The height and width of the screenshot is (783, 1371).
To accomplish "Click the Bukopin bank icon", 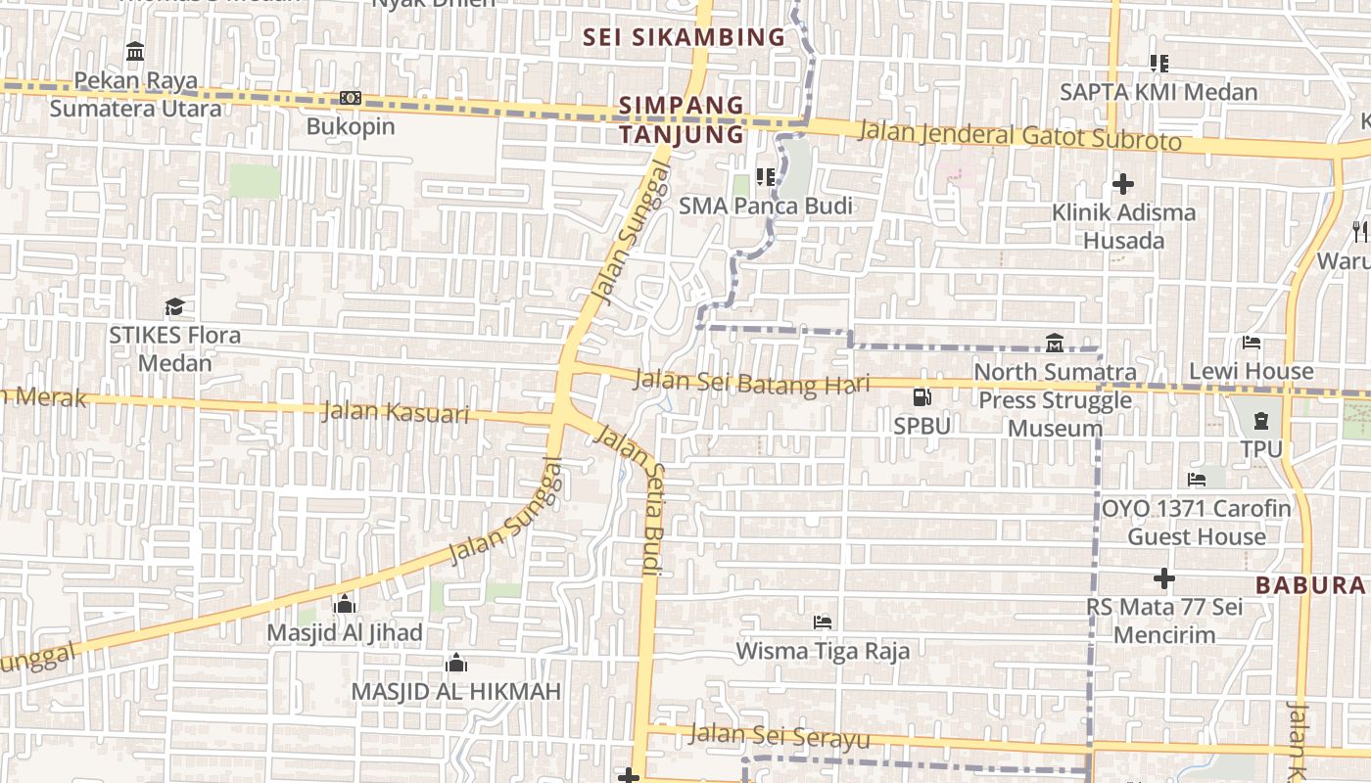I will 351,97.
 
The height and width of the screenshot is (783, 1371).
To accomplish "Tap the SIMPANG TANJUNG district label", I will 682,119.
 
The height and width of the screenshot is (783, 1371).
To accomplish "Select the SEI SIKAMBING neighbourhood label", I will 684,38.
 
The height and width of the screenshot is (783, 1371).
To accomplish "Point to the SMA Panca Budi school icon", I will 766,177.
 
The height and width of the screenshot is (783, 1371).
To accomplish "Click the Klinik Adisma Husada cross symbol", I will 1123,183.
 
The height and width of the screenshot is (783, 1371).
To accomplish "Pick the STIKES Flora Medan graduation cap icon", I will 174,306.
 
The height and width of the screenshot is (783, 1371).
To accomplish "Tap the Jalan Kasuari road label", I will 395,412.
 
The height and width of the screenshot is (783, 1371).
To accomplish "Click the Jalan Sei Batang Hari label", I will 751,382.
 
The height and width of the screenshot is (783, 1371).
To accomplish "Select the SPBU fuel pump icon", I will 922,397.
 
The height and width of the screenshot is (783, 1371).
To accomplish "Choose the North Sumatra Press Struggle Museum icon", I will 1055,344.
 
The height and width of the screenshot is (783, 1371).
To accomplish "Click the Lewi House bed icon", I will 1251,343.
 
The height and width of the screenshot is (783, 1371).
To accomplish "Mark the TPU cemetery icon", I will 1261,421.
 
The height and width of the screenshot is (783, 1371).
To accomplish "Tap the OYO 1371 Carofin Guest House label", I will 1196,523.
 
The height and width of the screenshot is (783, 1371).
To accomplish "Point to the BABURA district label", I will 1309,585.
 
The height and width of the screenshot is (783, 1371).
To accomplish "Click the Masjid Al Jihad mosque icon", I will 344,604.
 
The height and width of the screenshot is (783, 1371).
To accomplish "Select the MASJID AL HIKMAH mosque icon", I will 455,664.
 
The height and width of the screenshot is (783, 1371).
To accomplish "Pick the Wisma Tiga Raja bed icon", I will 823,622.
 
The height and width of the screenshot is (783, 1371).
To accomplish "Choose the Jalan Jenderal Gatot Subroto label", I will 1019,136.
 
